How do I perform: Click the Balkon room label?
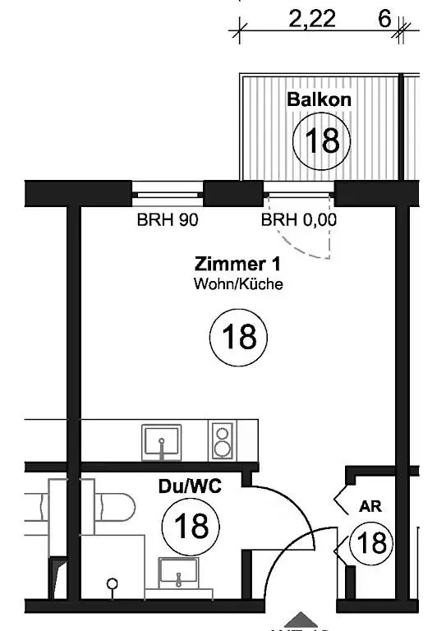319,99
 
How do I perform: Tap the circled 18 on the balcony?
322,141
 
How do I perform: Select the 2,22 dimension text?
312,19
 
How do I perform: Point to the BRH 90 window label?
168,219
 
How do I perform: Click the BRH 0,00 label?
299,219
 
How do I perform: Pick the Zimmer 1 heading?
237,264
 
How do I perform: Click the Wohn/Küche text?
238,283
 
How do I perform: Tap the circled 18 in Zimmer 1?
238,337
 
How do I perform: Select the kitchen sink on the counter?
161,442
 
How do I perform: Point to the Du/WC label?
190,486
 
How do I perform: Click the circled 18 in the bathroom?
191,527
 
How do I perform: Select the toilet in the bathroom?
116,507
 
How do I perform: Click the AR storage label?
370,506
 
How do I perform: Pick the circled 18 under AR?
371,543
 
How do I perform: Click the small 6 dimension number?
384,19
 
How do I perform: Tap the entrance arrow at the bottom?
301,620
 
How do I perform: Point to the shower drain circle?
113,583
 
